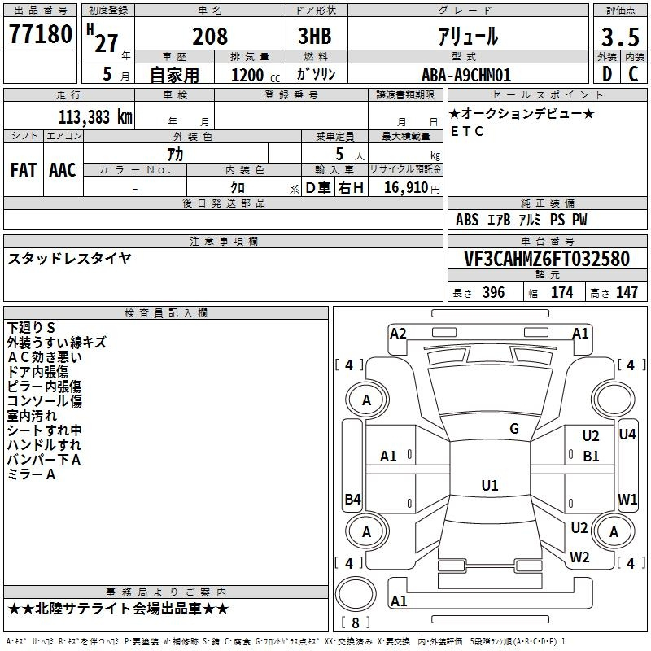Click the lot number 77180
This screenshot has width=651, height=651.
41,34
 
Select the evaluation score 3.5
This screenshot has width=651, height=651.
620,37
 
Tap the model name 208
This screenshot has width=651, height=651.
210,37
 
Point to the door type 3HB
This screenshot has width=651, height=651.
315,36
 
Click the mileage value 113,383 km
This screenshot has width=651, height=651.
95,117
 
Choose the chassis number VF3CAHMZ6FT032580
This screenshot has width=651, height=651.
547,259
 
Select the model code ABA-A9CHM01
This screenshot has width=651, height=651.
466,75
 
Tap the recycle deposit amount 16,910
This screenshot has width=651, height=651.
406,188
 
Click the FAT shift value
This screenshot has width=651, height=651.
24,170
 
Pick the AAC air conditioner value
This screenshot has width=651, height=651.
63,170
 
